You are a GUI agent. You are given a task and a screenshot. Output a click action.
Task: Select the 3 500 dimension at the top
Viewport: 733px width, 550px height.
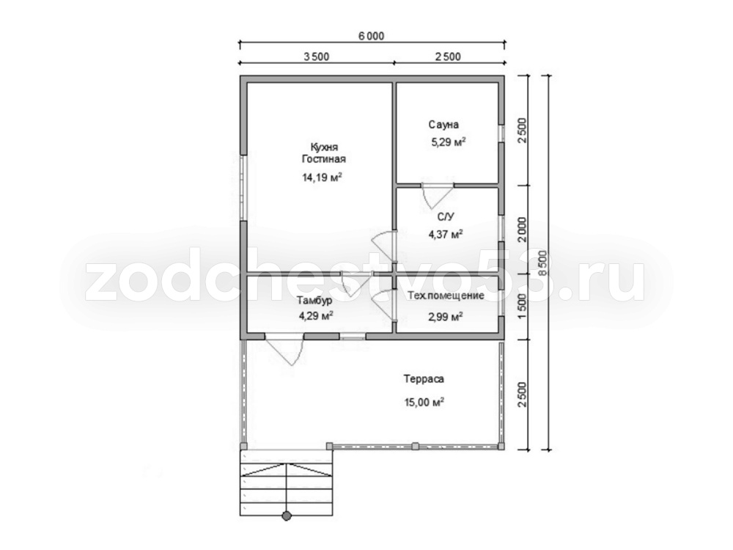point(317,57)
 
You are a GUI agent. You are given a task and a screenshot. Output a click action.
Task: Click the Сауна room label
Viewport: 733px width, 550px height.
point(443,125)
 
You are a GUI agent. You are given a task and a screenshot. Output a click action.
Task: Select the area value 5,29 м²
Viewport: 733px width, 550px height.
point(449,142)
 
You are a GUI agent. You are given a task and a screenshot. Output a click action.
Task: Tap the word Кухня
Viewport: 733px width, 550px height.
point(324,147)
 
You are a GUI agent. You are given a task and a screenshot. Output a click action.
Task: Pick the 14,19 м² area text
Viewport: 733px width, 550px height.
point(323,177)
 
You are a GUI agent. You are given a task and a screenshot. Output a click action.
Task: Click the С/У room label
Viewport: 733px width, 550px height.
point(446,216)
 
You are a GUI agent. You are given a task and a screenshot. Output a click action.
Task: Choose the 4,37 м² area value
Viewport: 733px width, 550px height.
point(446,234)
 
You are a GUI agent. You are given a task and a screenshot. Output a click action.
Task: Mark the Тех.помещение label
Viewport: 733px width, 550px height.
point(446,296)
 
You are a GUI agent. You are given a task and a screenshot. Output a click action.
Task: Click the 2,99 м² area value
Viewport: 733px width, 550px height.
point(446,317)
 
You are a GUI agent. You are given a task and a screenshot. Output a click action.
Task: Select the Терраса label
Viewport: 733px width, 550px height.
point(424,379)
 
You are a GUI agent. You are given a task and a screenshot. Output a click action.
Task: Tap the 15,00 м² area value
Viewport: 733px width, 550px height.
point(424,402)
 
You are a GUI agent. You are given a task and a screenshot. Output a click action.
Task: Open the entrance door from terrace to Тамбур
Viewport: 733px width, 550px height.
point(284,348)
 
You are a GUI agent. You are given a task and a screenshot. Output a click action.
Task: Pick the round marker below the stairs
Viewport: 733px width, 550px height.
point(287,516)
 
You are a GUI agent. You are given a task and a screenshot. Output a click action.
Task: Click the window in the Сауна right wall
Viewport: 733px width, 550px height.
point(501,133)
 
